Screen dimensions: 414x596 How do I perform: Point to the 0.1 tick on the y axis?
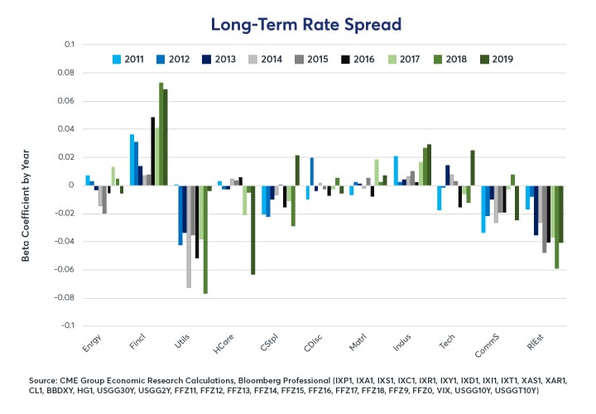click(x=69, y=44)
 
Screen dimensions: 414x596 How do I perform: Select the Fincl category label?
click(x=139, y=340)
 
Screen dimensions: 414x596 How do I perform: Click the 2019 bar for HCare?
click(x=252, y=229)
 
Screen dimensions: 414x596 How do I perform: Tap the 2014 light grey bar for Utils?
click(x=190, y=236)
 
